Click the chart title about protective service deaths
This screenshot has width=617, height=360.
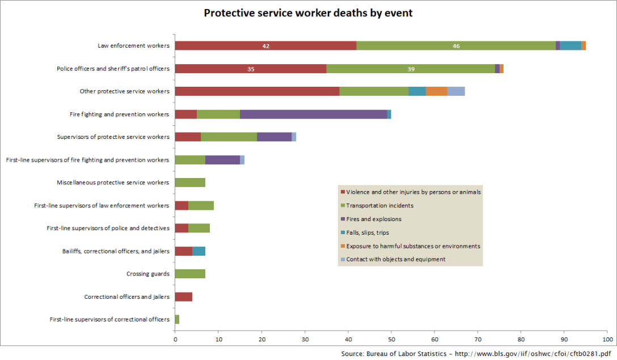(308, 12)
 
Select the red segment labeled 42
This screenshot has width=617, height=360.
(265, 46)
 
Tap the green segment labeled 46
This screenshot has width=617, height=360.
(456, 46)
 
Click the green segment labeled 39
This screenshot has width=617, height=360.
(411, 69)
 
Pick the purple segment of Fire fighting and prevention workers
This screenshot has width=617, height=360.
(313, 115)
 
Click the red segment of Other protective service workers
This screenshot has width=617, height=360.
(257, 91)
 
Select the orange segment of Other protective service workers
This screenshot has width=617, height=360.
(437, 91)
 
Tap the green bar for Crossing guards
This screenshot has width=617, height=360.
(190, 274)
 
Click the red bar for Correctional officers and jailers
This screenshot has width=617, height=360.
(184, 297)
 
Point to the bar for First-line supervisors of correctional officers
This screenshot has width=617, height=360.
(177, 319)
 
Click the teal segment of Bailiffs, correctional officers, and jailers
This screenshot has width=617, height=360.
(198, 251)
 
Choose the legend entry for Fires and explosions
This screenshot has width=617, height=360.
(374, 219)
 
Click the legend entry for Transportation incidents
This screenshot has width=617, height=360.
(379, 205)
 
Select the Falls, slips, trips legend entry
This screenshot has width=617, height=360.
(367, 232)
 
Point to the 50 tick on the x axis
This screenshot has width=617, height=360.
(391, 339)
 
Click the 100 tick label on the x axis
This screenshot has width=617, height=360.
(607, 339)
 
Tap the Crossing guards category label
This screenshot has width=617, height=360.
(147, 274)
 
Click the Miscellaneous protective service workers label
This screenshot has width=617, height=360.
(113, 183)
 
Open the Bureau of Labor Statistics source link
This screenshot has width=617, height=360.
(476, 353)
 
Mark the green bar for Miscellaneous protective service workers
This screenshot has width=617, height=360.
(190, 183)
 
